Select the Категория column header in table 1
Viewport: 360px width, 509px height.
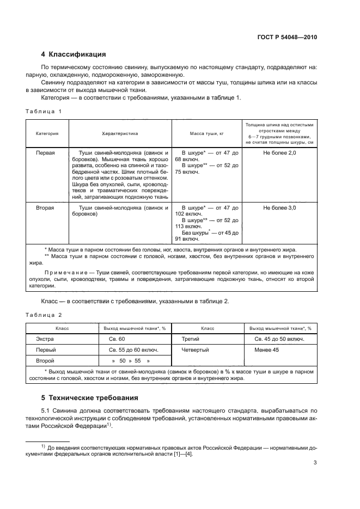pos(47,133)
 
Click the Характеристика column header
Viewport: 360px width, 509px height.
pos(120,133)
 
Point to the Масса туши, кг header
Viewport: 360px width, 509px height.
pos(207,133)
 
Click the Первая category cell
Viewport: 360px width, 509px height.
pos(46,154)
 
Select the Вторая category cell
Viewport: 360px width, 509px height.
pos(46,208)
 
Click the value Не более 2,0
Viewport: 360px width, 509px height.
pos(279,154)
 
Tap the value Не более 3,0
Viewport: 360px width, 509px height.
pos(279,208)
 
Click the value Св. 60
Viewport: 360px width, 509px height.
pos(117,339)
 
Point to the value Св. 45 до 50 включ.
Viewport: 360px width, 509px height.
pos(279,339)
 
